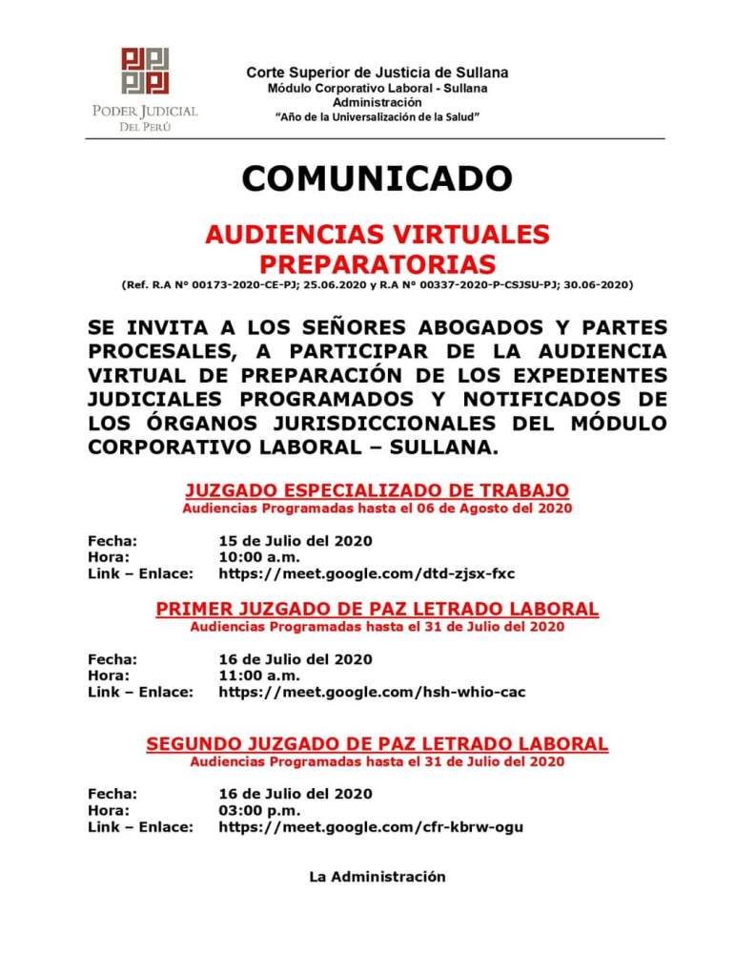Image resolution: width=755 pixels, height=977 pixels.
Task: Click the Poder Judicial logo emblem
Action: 145,71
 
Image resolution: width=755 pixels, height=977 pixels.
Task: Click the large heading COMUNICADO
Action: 377,177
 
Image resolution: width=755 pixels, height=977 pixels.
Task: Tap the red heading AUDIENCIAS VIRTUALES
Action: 377,235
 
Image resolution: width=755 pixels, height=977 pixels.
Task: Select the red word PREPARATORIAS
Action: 377,262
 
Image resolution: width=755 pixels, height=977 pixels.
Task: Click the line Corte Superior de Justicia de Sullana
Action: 377,73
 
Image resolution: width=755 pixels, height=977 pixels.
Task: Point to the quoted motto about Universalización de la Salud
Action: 377,116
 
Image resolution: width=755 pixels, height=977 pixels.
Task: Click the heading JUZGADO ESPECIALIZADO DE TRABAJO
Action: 377,490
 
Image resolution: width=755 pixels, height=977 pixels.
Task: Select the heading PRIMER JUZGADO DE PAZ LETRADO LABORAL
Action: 377,609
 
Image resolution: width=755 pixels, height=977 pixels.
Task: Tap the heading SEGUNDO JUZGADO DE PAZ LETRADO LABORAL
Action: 377,743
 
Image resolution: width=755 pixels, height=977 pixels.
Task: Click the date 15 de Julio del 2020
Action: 296,541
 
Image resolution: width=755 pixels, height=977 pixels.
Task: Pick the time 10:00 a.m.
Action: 259,557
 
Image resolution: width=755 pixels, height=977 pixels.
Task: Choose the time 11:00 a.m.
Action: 259,676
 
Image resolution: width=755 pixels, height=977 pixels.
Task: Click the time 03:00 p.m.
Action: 259,810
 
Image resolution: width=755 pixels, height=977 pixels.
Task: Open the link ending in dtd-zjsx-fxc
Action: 367,573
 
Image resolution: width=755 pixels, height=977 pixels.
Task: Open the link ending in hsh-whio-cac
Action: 372,692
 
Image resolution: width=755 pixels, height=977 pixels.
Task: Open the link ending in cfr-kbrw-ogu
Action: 371,826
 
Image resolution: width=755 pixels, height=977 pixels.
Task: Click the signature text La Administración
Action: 377,876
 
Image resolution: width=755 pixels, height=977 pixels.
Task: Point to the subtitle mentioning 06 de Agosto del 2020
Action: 377,509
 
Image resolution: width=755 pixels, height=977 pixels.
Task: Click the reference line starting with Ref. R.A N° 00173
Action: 377,284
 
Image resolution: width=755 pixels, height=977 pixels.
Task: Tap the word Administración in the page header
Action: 377,102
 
